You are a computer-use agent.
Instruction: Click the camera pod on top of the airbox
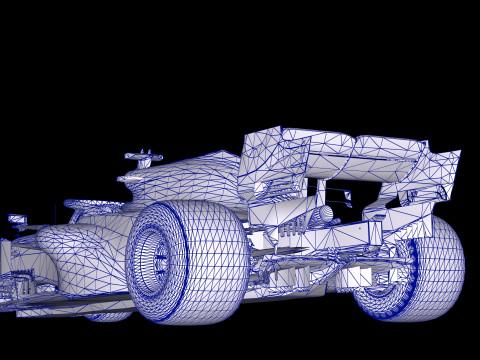tap(143, 156)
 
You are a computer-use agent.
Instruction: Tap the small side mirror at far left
tap(17, 219)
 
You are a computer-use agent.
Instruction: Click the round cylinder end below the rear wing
tap(324, 214)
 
